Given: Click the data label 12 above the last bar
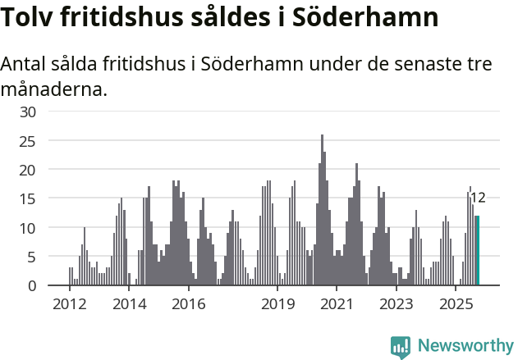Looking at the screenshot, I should pyautogui.click(x=478, y=198).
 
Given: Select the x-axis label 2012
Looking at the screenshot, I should pyautogui.click(x=69, y=304).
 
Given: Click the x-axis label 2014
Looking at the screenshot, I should pyautogui.click(x=129, y=304).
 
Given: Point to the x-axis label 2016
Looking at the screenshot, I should pyautogui.click(x=189, y=304).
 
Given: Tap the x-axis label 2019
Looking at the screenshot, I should pyautogui.click(x=278, y=304).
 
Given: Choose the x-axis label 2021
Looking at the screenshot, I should pyautogui.click(x=337, y=304).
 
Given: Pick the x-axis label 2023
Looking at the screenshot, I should pyautogui.click(x=397, y=304).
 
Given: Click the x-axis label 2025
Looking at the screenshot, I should pyautogui.click(x=456, y=304).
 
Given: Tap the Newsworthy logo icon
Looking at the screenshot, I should pyautogui.click(x=401, y=347).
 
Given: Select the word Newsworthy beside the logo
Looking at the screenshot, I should pyautogui.click(x=465, y=347).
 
